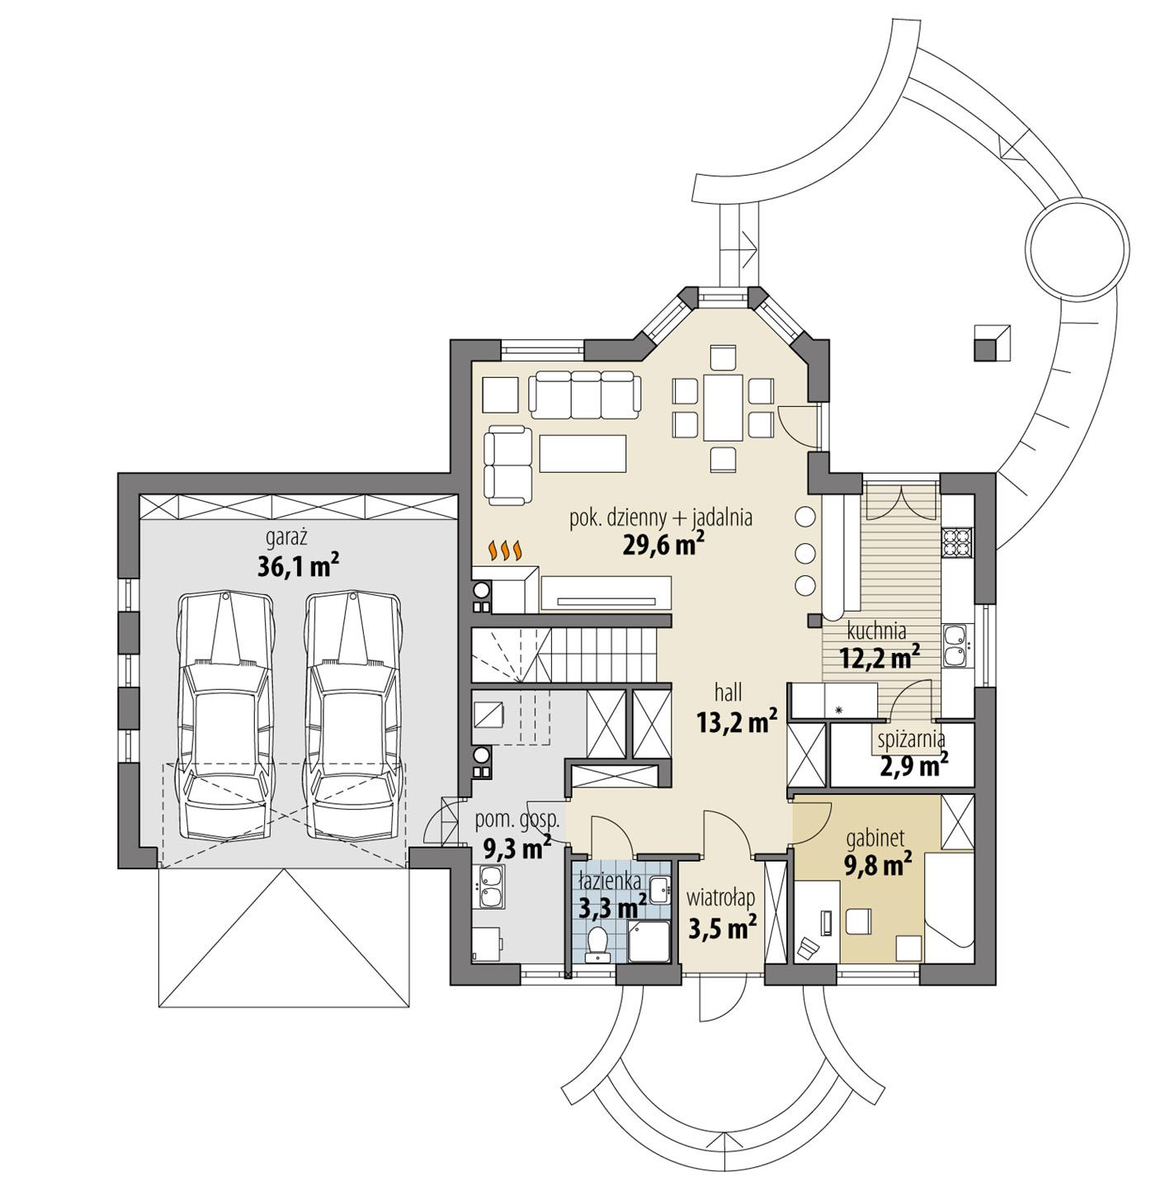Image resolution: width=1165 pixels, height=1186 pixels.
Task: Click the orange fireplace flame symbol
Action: pos(505,550)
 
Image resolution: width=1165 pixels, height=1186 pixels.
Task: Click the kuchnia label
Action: pos(877,631)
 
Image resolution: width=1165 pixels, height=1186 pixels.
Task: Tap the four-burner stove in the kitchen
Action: pos(957,541)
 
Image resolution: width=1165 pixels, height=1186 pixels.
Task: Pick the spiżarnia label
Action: pos(913,739)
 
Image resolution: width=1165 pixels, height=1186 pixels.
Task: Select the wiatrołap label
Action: pos(723,897)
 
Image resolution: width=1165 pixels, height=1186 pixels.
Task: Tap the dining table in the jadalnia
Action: pos(723,409)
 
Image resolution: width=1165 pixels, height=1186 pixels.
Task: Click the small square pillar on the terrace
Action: pos(991,343)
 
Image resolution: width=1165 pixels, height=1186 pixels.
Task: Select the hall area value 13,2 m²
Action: pos(737,723)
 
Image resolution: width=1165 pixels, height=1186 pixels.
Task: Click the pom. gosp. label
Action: pos(517,820)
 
